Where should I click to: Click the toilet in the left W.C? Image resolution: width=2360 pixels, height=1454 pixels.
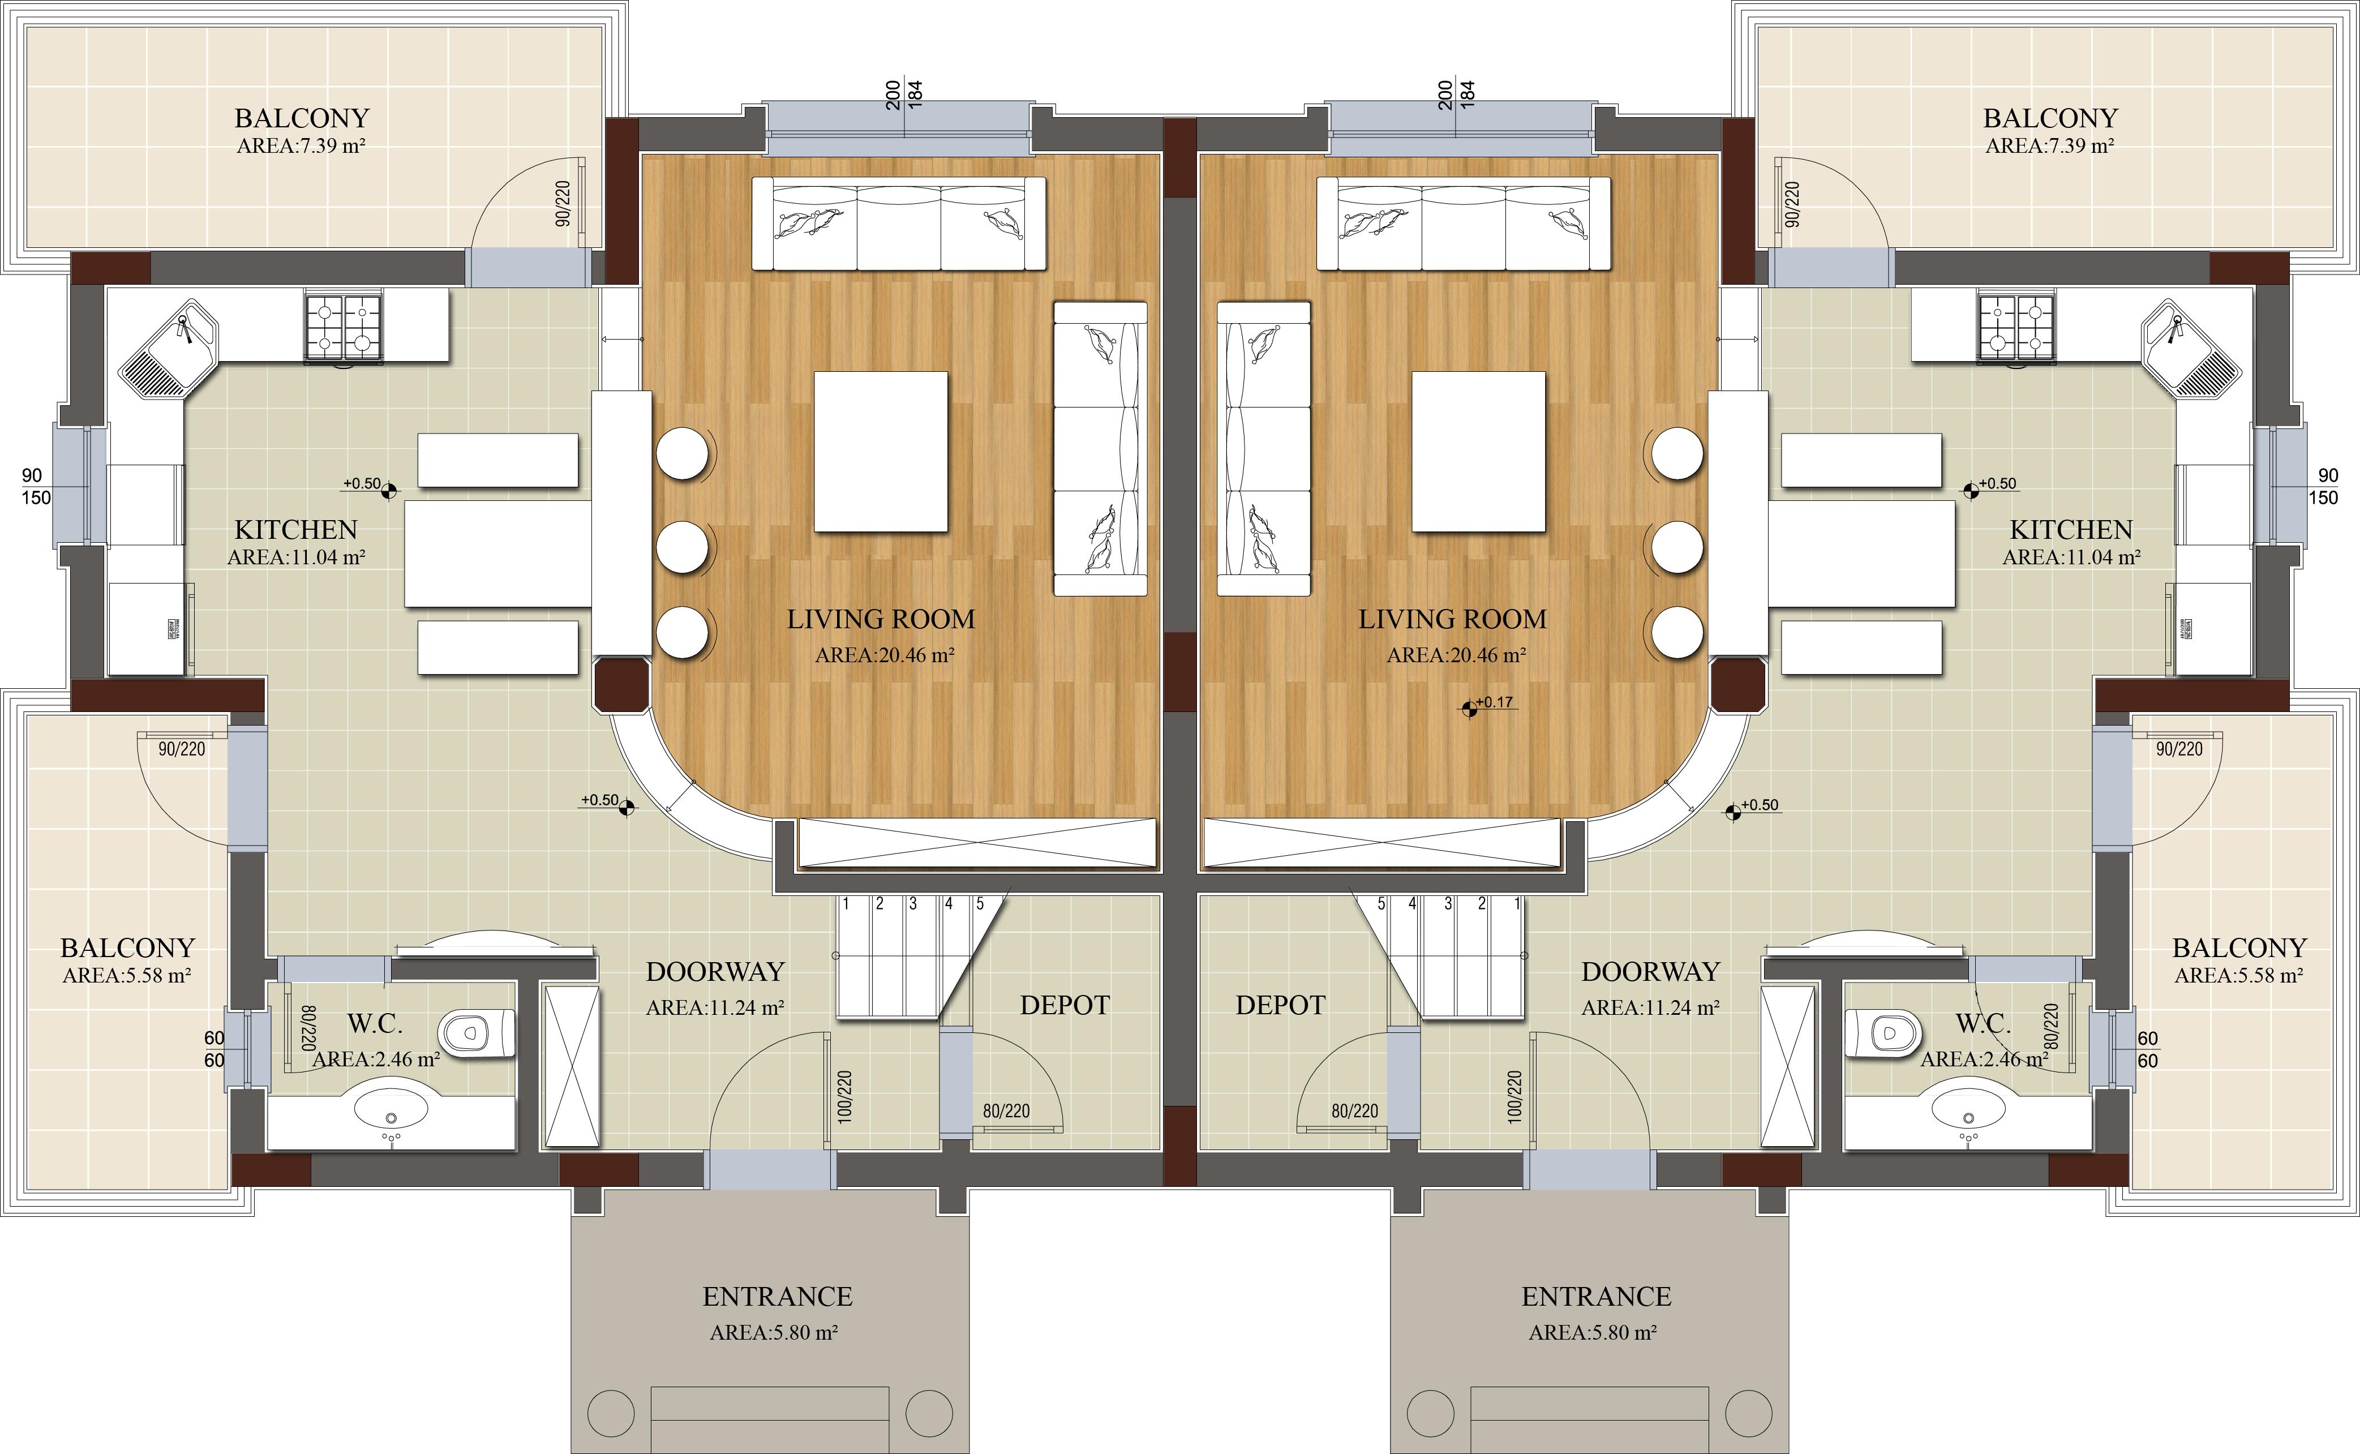click(x=477, y=1034)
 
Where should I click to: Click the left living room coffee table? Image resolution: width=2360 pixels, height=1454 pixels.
click(x=881, y=452)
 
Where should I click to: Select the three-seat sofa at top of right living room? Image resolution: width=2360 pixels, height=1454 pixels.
click(x=1463, y=223)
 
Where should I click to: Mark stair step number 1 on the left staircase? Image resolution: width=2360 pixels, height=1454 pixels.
click(x=846, y=904)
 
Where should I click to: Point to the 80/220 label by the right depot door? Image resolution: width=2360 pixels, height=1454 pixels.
click(x=1354, y=1110)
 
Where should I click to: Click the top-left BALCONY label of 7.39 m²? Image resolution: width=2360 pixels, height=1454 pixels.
click(x=302, y=118)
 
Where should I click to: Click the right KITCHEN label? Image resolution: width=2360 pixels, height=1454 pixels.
click(x=2071, y=530)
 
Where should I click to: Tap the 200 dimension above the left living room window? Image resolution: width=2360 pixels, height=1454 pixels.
click(x=893, y=95)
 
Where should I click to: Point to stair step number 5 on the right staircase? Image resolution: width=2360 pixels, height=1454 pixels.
click(x=1381, y=904)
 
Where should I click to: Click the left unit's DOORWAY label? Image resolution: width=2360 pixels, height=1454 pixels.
click(x=715, y=972)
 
